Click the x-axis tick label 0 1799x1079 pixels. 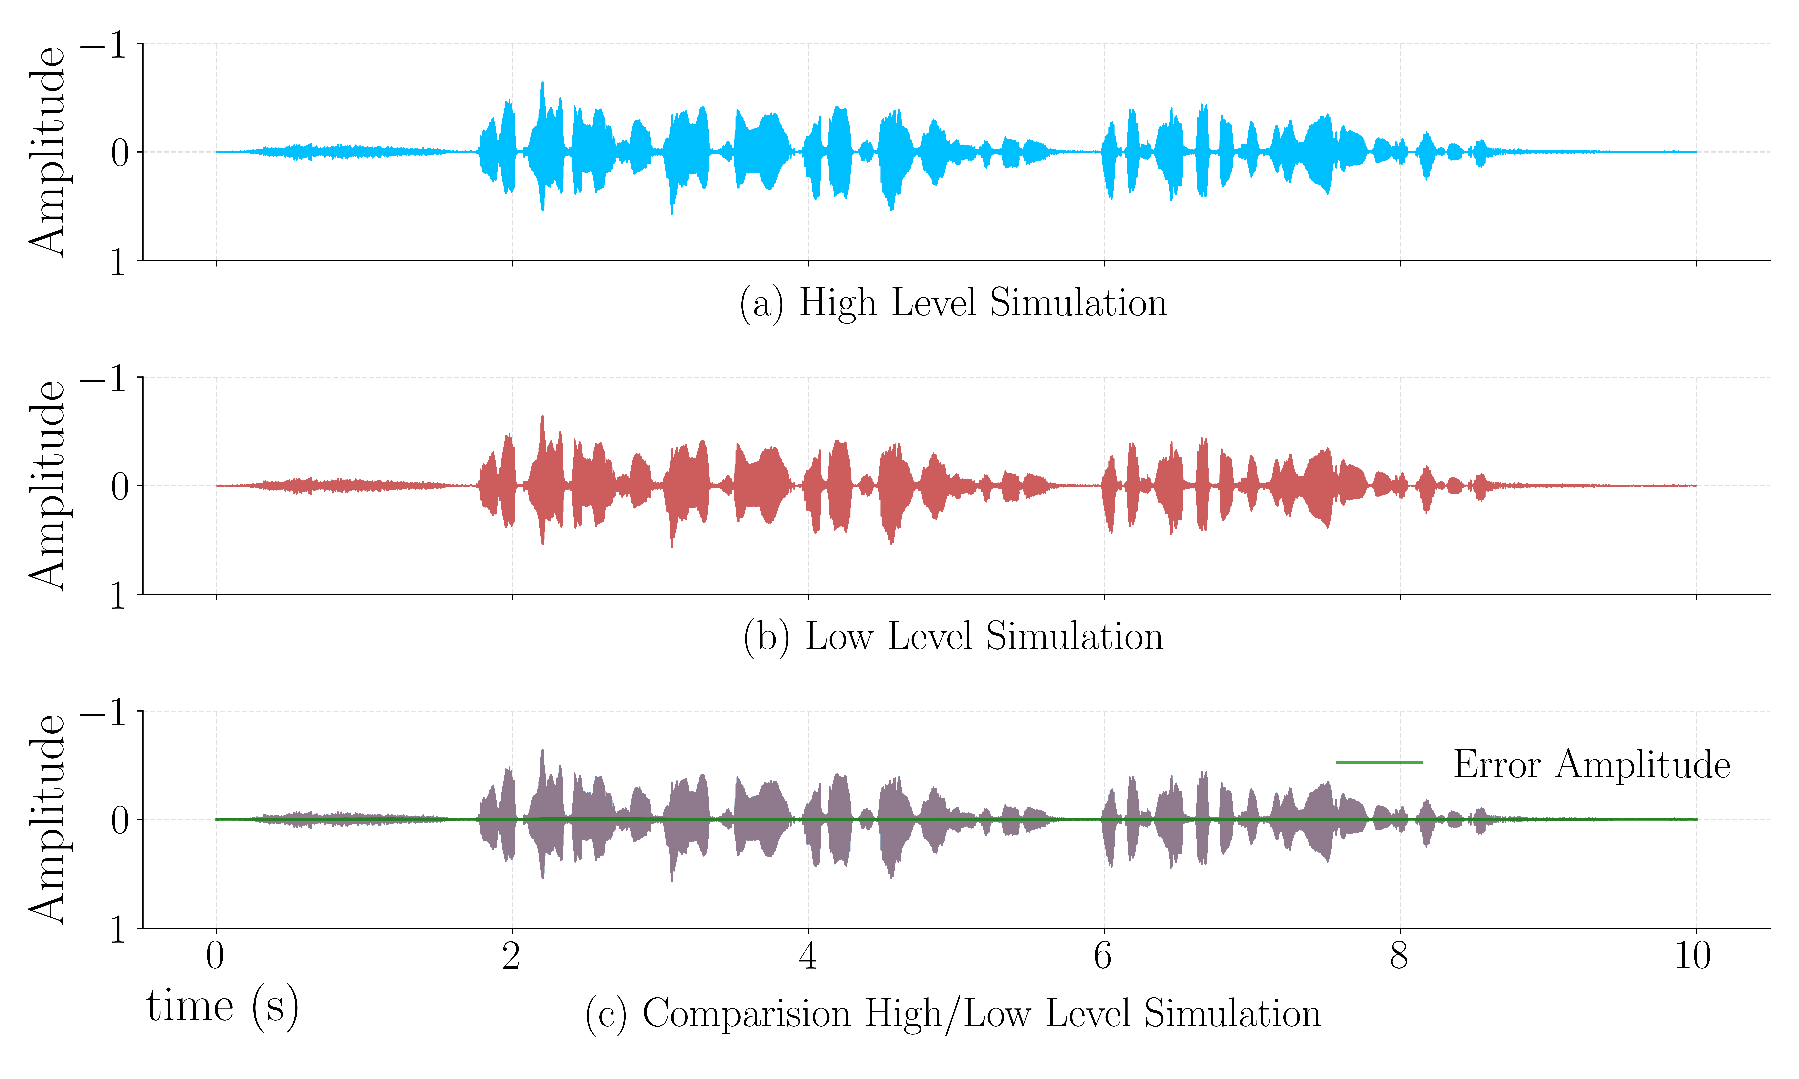click(x=215, y=955)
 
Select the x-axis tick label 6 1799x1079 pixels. click(x=1103, y=955)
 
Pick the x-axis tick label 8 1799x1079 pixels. click(x=1399, y=955)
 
